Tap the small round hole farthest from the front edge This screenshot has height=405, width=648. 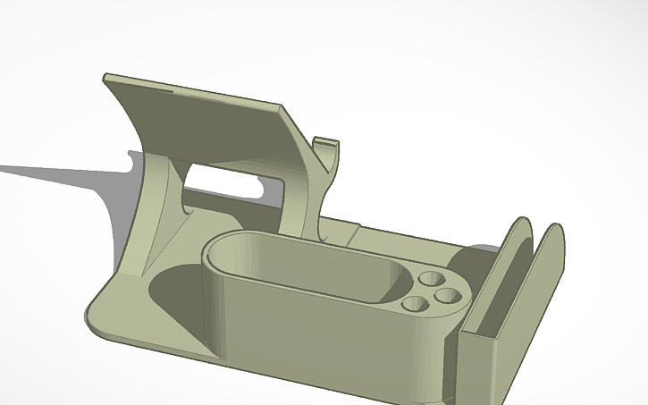pyautogui.click(x=430, y=278)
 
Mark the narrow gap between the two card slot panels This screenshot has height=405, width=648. pyautogui.click(x=529, y=268)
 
